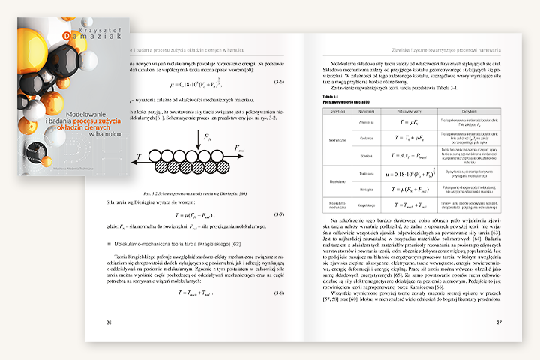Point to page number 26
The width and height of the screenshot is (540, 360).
tap(109, 322)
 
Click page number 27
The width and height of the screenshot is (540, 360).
tap(499, 322)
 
